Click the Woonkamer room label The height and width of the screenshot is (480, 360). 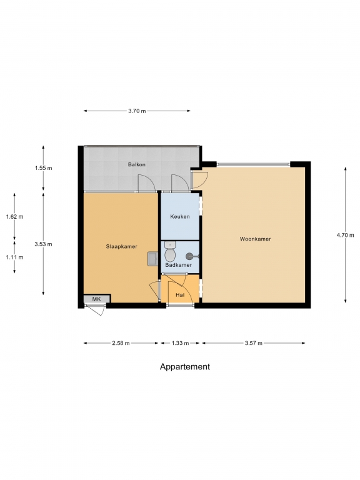click(255, 239)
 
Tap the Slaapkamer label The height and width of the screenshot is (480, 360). click(121, 246)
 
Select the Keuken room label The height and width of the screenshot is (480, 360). click(180, 216)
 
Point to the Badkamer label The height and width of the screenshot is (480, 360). click(179, 265)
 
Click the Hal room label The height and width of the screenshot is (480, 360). click(180, 295)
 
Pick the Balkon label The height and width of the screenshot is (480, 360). click(136, 164)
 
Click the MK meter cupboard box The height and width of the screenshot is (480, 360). click(97, 299)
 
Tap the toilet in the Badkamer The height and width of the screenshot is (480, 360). click(170, 252)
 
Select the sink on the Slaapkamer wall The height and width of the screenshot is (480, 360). click(152, 259)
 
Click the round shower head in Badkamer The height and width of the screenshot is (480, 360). click(190, 256)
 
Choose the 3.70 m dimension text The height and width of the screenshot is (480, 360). click(137, 111)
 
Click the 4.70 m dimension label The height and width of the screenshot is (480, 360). click(345, 235)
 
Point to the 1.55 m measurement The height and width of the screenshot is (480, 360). click(44, 167)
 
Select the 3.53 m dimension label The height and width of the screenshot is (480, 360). click(44, 244)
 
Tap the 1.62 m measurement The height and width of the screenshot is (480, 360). click(14, 217)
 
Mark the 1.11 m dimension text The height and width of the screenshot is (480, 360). click(14, 257)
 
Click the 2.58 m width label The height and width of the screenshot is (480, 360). click(121, 343)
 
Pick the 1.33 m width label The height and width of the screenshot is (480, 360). click(180, 343)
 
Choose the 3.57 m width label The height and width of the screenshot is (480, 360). click(254, 343)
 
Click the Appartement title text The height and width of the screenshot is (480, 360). click(185, 367)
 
